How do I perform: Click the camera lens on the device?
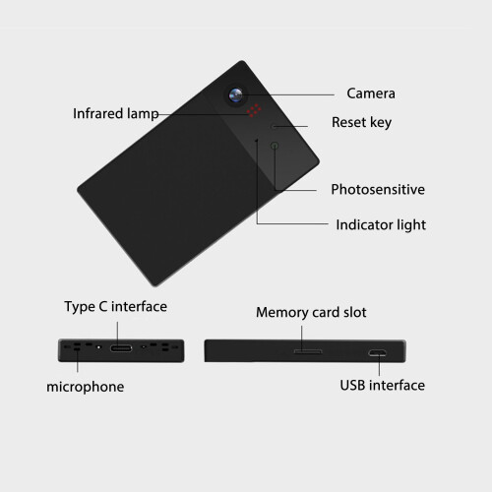point(236,95)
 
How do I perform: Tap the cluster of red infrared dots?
point(254,110)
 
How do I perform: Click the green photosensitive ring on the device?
point(275,146)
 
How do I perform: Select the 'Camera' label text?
point(371,93)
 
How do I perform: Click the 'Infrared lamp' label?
point(116,114)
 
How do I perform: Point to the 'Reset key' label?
point(361,122)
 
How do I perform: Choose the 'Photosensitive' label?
point(378,189)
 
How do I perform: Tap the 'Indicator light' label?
point(381,225)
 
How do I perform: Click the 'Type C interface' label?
point(115,307)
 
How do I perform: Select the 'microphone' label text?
point(86,387)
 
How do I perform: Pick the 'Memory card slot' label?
point(311,313)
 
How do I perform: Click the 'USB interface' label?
point(383,385)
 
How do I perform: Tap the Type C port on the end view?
point(121,348)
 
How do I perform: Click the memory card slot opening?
point(308,351)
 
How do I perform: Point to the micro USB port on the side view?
point(377,353)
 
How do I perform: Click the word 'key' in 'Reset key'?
point(381,123)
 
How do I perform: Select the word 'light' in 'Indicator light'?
point(411,225)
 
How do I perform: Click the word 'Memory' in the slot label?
point(281,313)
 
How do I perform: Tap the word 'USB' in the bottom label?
point(352,385)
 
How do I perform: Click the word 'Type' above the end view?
point(80,307)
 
